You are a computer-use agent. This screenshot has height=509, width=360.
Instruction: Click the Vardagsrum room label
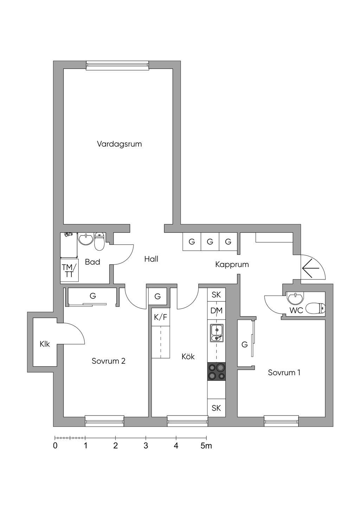(x=119, y=144)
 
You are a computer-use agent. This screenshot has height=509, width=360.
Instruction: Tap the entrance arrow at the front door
(x=310, y=269)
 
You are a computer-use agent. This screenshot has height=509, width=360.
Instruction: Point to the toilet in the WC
(x=315, y=309)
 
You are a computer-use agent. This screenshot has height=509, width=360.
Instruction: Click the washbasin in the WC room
(x=294, y=298)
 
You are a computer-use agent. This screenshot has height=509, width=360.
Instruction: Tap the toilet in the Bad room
(x=99, y=242)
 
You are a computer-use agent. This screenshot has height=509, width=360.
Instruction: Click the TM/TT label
(x=69, y=271)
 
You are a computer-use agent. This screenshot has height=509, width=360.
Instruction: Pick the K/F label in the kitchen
(x=161, y=317)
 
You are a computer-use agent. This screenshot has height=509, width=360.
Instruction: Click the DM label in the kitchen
(x=216, y=311)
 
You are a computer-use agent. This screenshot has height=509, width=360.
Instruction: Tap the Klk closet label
(x=45, y=344)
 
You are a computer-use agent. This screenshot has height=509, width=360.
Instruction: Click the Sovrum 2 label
(x=109, y=361)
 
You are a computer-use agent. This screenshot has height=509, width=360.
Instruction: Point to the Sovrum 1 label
(x=284, y=373)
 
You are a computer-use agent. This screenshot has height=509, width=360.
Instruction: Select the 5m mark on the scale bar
(x=206, y=446)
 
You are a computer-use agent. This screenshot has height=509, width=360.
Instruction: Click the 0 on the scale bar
(x=55, y=446)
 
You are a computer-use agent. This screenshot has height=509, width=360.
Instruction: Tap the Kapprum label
(x=232, y=264)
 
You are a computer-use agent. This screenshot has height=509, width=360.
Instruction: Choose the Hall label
(x=151, y=259)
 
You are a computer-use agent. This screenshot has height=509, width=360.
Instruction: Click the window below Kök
(x=187, y=420)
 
